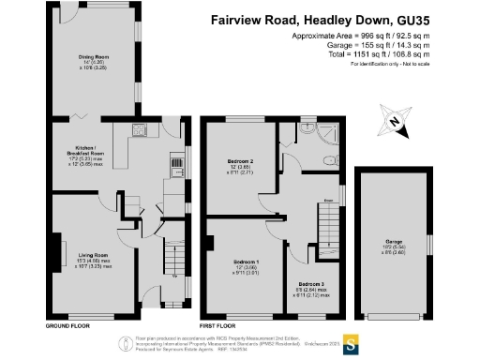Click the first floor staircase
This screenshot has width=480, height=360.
point(329,224)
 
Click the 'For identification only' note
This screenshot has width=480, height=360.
point(394,62)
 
